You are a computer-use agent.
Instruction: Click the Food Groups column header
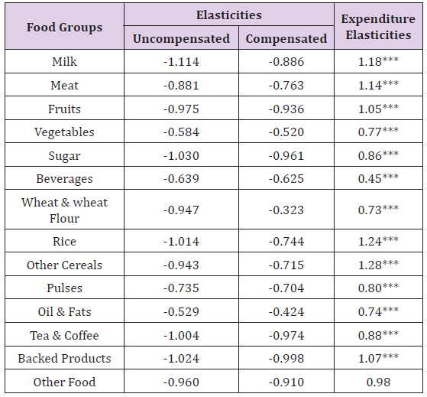[x=64, y=28]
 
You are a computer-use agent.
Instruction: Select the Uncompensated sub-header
[x=181, y=39]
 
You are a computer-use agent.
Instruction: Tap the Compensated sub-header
[x=286, y=39]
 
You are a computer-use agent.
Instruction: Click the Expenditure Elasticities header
[x=378, y=27]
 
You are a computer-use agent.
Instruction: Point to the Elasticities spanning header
[x=229, y=15]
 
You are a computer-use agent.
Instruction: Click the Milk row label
[x=64, y=62]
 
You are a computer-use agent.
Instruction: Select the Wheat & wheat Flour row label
[x=64, y=210]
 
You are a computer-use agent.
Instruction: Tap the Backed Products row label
[x=64, y=358]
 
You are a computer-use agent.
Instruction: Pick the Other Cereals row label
[x=64, y=265]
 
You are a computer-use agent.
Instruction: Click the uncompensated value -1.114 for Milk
[x=181, y=62]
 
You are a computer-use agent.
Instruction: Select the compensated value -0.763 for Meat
[x=286, y=86]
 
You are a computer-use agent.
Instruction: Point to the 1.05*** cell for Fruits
[x=378, y=109]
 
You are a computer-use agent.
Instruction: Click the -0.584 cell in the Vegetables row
[x=181, y=132]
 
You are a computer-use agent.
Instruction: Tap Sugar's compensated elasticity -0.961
[x=286, y=156]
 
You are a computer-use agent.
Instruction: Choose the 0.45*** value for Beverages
[x=378, y=178]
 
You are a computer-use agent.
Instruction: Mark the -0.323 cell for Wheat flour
[x=286, y=210]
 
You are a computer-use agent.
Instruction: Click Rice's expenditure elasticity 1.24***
[x=378, y=241]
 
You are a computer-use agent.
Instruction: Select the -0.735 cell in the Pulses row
[x=181, y=288]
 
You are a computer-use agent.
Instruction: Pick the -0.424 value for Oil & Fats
[x=286, y=312]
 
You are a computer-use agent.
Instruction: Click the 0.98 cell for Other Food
[x=378, y=382]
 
